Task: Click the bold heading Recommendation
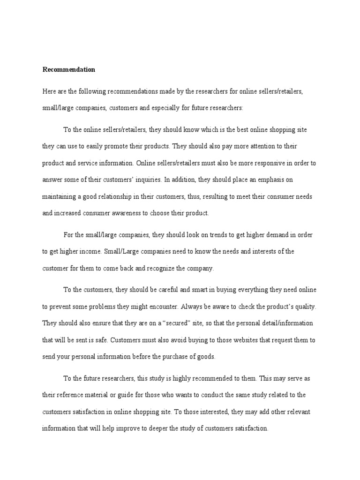pyautogui.click(x=69, y=70)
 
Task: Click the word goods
pyautogui.click(x=205, y=357)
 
